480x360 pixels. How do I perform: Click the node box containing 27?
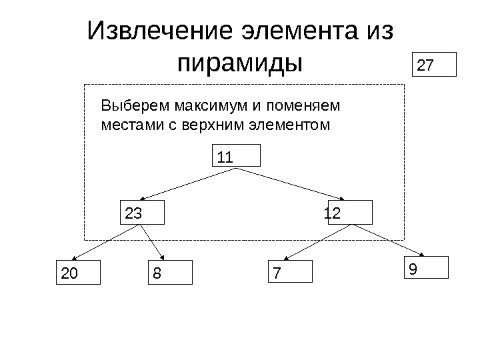click(x=435, y=65)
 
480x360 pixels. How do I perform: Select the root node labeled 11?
click(x=235, y=157)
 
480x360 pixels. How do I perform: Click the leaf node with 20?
click(x=77, y=272)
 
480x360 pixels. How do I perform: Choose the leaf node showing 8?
click(x=169, y=272)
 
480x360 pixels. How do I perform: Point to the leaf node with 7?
click(x=290, y=272)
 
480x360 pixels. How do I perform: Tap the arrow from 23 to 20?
click(x=107, y=243)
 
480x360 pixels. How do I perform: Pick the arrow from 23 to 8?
click(x=153, y=242)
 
